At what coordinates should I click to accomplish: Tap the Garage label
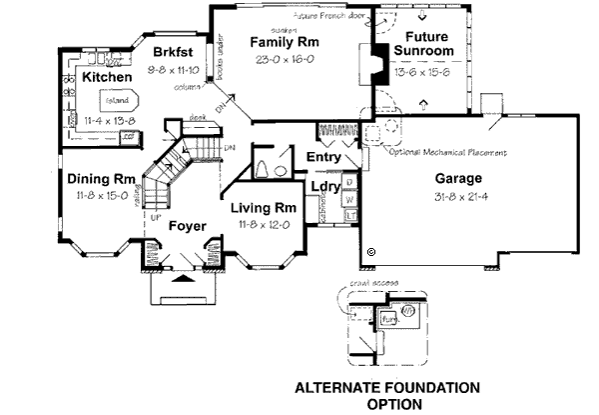click(458, 178)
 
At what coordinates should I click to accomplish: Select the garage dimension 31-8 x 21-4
click(458, 195)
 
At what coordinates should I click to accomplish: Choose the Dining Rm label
click(96, 179)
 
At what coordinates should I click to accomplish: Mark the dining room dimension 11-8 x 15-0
click(96, 196)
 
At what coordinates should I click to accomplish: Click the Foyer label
click(186, 225)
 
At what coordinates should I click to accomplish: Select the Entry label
click(324, 157)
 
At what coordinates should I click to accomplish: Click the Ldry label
click(324, 186)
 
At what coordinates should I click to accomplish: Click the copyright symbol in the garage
click(370, 251)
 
